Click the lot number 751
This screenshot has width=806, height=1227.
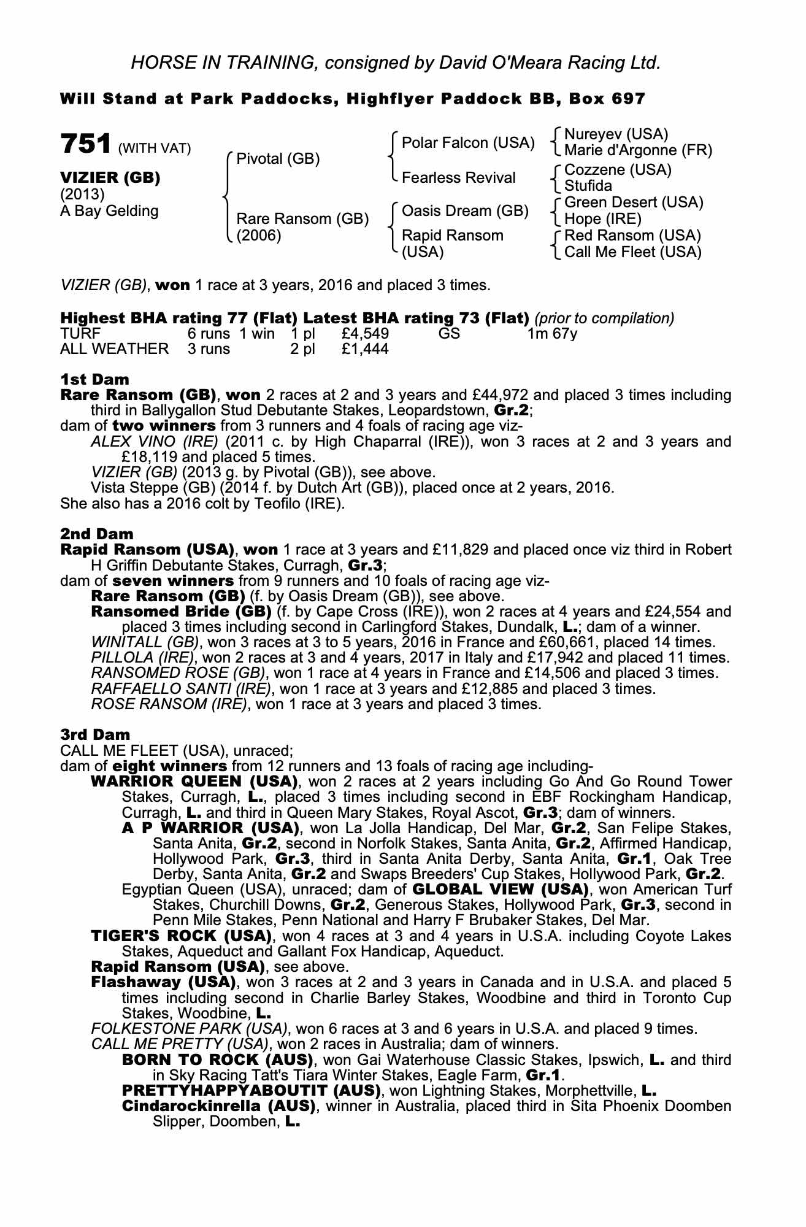tap(85, 144)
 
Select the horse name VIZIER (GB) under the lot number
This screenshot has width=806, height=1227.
tap(110, 178)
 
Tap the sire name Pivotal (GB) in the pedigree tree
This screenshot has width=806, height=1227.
tap(278, 159)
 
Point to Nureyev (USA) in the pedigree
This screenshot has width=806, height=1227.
tap(616, 134)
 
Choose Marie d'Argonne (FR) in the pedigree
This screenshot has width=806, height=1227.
tap(638, 150)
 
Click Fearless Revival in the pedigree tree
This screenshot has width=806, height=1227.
tap(458, 178)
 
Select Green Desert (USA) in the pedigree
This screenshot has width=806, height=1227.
tap(634, 202)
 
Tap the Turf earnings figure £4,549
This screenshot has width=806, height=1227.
tap(365, 334)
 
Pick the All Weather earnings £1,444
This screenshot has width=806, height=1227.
tap(365, 349)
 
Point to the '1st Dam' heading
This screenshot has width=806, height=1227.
tap(94, 379)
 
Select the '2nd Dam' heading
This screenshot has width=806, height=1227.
tap(96, 534)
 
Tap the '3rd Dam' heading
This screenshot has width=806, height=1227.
tap(95, 734)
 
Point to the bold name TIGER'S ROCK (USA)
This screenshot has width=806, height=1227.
tap(181, 936)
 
